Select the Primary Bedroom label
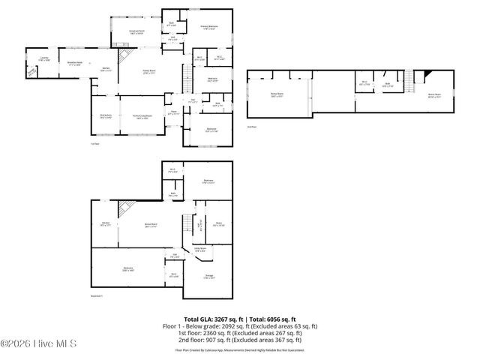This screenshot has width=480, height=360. point(208,27)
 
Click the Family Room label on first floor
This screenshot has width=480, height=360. point(148,72)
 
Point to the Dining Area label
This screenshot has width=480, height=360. point(106,116)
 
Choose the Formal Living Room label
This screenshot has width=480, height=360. point(142,116)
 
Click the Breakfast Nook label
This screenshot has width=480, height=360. point(75,64)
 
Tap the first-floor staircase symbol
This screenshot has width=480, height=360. point(185,74)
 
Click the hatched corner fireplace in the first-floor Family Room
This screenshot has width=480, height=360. point(129,56)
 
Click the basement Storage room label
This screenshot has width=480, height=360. point(209,276)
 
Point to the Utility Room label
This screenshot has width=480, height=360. point(200,250)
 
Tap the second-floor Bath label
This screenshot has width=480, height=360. point(388,84)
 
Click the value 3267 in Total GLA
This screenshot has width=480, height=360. point(220,319)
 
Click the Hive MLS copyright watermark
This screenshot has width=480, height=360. point(34,344)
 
